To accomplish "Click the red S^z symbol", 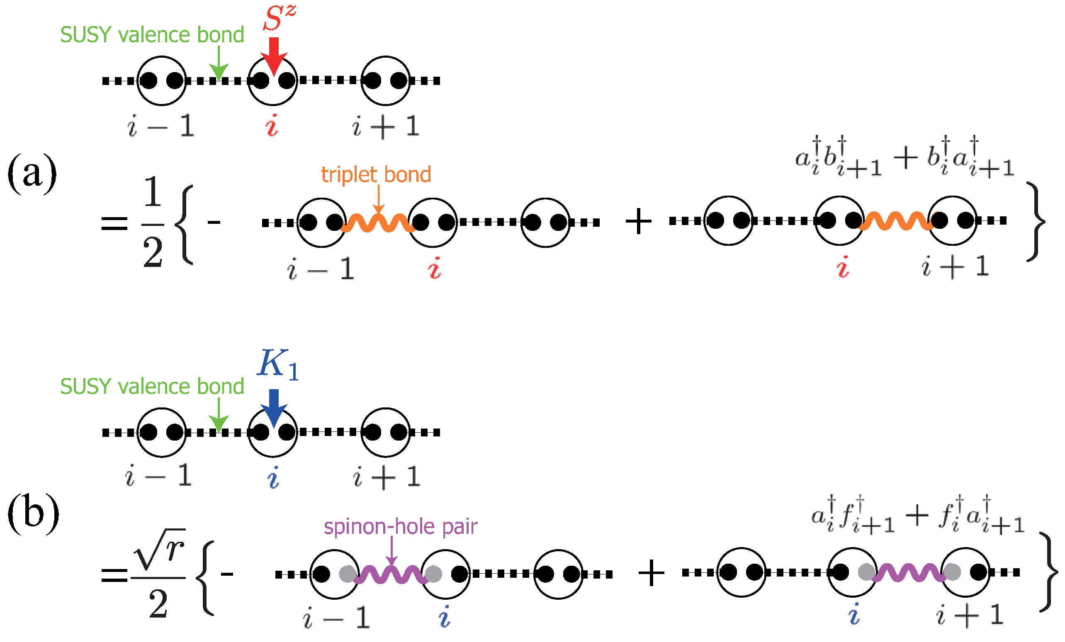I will tap(279, 18).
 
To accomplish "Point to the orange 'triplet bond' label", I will tap(376, 174).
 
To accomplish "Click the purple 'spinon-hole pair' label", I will tap(400, 527).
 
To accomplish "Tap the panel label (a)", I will tap(32, 173).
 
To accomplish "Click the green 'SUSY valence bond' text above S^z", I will tap(152, 34).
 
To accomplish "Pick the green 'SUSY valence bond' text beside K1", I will tap(152, 386).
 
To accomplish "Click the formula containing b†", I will tap(904, 157).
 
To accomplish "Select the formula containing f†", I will tap(917, 515).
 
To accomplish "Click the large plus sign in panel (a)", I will tap(638, 222).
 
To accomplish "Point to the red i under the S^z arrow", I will tap(272, 126).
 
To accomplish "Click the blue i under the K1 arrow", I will tap(273, 478).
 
